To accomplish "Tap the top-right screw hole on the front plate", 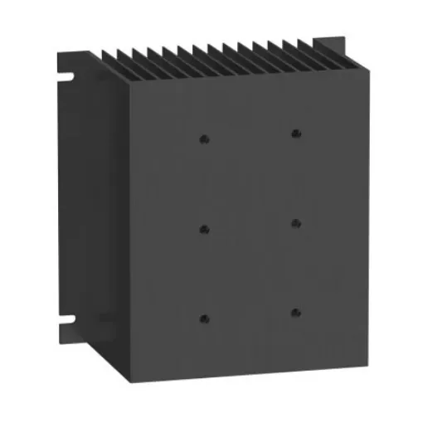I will click(x=295, y=133).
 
